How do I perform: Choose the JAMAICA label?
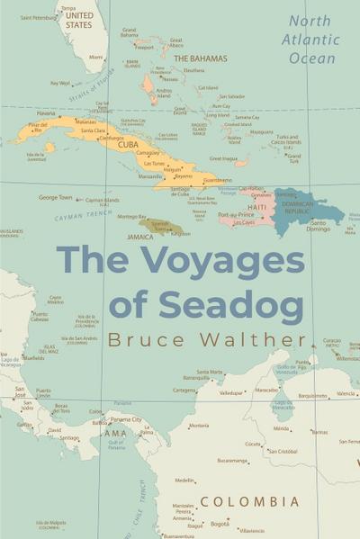tap(139, 237)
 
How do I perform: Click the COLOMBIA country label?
tap(249, 501)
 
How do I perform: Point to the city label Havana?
tap(45, 113)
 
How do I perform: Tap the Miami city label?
tap(95, 57)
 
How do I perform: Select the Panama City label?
tap(125, 419)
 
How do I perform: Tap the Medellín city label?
tap(185, 481)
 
